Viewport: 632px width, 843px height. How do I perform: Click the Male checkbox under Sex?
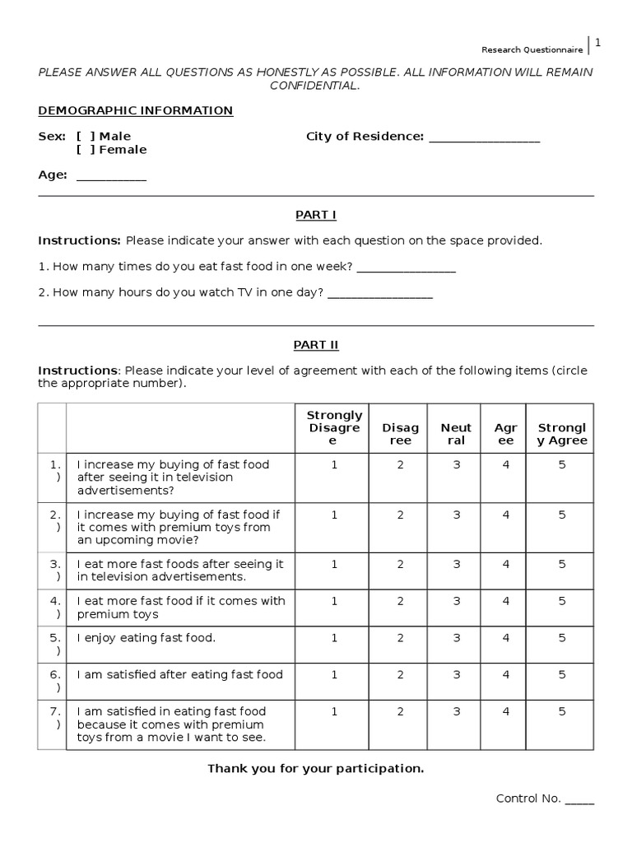(86, 136)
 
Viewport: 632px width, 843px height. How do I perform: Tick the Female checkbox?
(86, 150)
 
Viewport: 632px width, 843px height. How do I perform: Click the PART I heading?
(316, 215)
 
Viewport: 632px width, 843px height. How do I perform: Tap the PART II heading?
(316, 345)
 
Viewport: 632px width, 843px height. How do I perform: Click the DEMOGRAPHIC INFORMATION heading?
(136, 110)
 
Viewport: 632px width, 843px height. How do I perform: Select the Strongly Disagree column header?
(334, 428)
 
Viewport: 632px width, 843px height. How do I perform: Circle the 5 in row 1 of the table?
(562, 465)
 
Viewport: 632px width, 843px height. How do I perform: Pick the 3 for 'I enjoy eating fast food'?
(456, 638)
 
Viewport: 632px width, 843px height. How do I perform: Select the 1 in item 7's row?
(334, 712)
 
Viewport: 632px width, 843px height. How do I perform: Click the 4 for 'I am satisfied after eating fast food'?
(506, 675)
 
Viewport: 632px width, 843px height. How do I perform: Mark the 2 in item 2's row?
(400, 515)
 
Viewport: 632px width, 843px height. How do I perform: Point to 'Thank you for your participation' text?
(316, 769)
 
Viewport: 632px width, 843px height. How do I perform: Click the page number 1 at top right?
(598, 43)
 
